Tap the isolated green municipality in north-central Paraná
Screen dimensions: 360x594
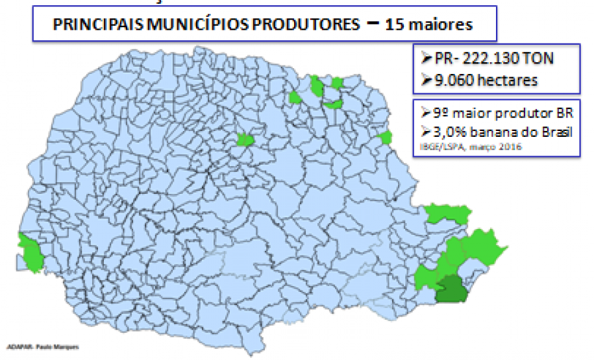(x=245, y=139)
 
